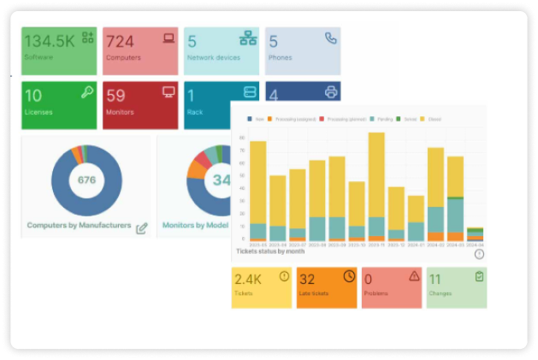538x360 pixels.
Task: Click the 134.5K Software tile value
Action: pos(49,40)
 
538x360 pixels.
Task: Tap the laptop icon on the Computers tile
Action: pos(168,38)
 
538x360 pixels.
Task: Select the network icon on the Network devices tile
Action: pos(248,38)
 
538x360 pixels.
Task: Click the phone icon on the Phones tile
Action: pos(330,38)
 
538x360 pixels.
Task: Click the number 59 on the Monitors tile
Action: pos(116,96)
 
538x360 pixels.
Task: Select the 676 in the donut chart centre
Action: pos(86,180)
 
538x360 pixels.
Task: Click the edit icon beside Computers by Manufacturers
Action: pos(141,227)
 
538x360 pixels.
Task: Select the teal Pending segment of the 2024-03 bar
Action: pos(455,215)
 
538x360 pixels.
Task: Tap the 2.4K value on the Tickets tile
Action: pos(248,280)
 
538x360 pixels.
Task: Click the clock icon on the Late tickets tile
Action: pos(349,276)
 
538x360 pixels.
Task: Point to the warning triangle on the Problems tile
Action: pos(414,276)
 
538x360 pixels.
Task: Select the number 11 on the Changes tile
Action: pos(435,280)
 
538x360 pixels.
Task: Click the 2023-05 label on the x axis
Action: pos(257,245)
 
